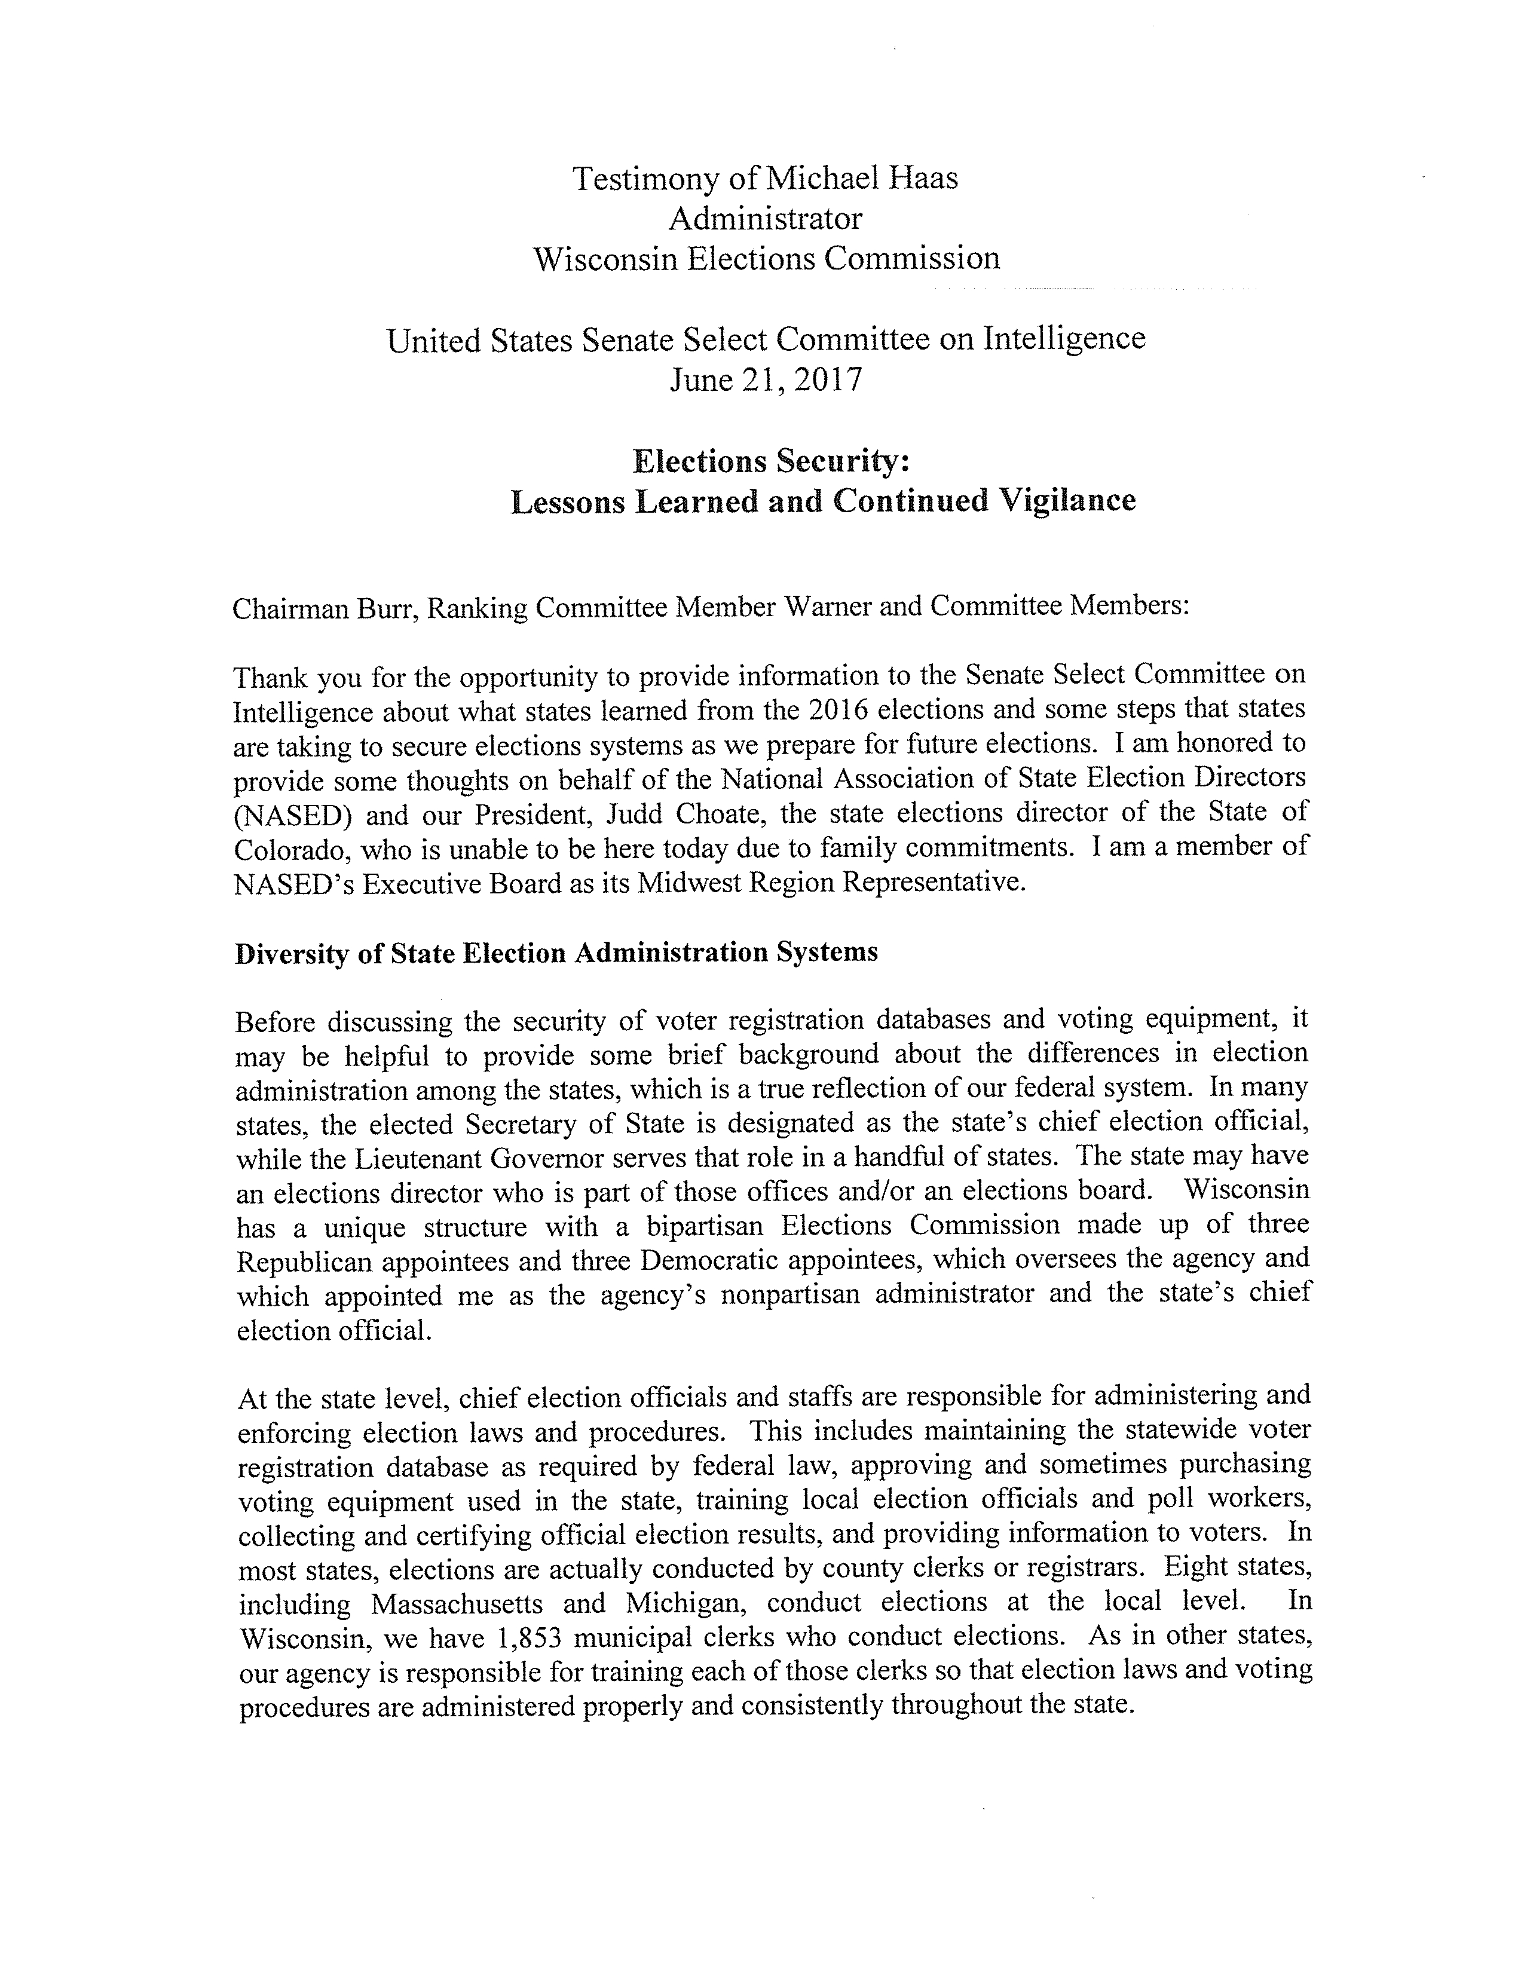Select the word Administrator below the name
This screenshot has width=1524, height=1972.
point(765,219)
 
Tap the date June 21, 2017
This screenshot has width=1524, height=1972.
point(766,379)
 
